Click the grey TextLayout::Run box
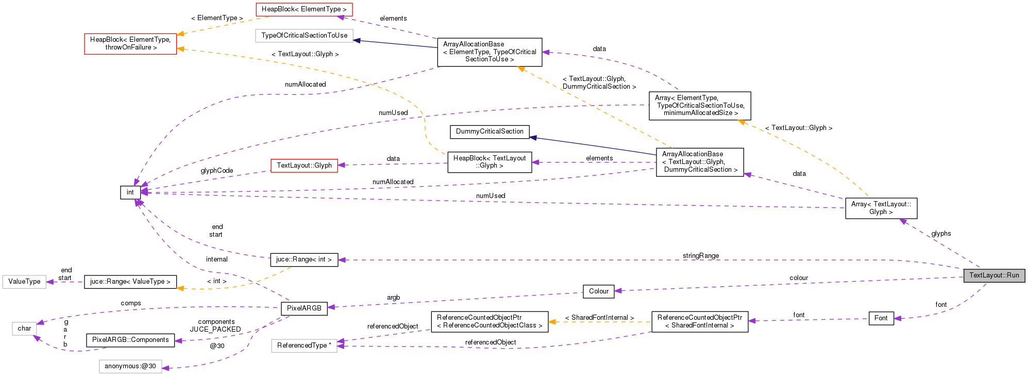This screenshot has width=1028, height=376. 994,275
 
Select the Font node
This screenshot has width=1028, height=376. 881,318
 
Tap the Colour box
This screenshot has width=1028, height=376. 598,291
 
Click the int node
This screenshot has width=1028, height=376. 130,192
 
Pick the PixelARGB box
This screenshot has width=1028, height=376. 304,308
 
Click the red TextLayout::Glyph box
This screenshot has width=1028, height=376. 304,166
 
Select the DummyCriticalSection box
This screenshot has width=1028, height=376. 490,132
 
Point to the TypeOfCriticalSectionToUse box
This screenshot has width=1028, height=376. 304,36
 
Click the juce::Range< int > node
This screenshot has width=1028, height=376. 304,259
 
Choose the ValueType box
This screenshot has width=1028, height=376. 24,282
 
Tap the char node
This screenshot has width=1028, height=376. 24,329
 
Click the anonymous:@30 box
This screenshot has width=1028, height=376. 130,367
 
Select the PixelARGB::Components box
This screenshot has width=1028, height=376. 130,340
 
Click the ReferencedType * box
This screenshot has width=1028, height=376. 304,346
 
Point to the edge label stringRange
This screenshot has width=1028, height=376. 700,256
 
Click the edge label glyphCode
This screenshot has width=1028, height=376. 216,171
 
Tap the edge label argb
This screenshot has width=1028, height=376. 393,298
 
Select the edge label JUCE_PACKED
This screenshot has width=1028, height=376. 215,330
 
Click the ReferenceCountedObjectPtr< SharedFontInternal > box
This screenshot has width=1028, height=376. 699,321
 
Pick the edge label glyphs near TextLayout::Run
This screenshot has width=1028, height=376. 940,234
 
